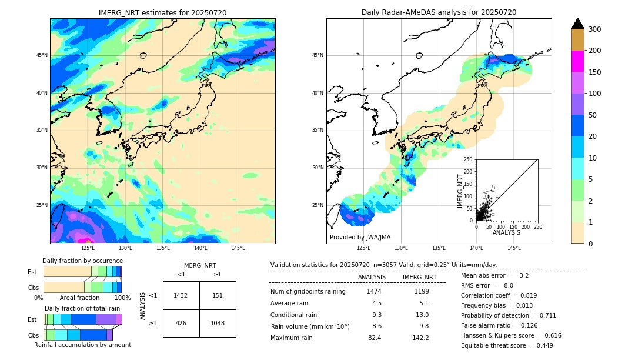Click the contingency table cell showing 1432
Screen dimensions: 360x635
181,295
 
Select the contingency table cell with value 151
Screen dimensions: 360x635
218,295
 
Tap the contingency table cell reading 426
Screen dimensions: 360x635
181,323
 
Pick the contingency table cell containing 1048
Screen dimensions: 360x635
218,323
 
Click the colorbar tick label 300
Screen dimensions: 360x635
595,29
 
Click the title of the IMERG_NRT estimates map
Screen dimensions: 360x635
162,12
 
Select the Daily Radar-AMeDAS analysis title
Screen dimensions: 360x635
439,12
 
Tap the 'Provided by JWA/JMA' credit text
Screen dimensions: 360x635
360,238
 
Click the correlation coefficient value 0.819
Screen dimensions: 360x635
523,295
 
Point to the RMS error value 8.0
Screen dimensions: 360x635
508,285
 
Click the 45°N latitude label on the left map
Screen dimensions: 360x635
41,55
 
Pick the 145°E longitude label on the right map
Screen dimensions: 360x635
514,248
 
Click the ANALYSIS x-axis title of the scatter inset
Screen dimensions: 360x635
506,232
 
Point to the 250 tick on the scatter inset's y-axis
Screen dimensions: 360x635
469,159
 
